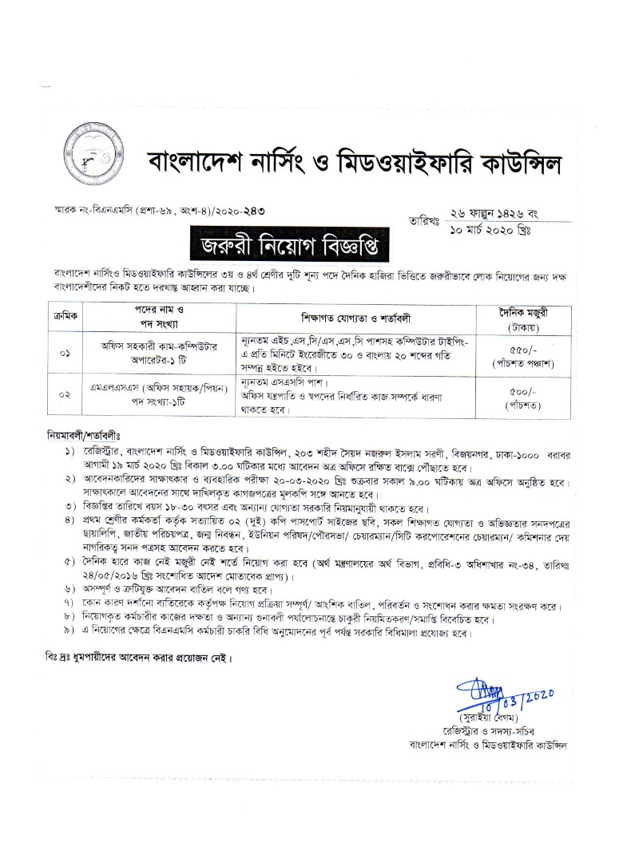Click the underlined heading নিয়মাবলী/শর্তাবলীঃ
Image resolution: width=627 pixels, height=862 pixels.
83,437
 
